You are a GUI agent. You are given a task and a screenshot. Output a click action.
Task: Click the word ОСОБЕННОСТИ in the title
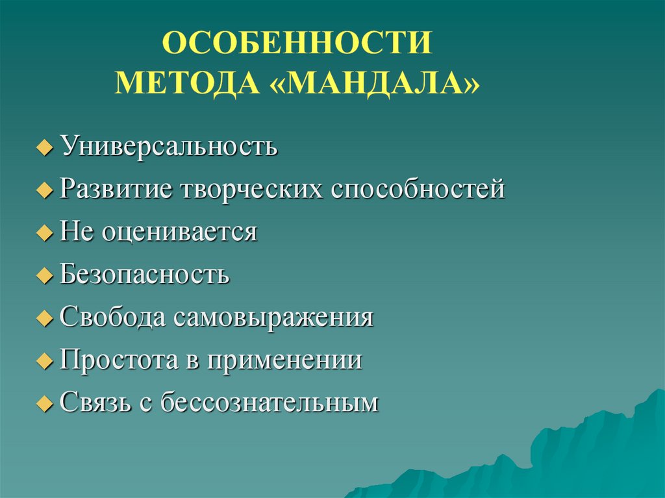[297, 44]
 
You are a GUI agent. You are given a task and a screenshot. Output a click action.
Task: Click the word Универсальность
[169, 147]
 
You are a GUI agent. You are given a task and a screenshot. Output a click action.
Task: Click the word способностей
[419, 190]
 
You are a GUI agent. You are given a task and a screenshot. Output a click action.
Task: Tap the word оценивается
[179, 232]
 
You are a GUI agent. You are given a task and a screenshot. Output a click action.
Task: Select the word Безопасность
[145, 274]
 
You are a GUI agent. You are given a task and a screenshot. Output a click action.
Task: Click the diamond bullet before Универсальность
[44, 149]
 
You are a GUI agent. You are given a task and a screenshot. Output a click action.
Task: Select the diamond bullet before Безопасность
[44, 276]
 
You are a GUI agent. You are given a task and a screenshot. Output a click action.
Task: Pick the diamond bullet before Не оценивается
[44, 234]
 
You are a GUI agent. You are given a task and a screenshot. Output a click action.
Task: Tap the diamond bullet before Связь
[44, 404]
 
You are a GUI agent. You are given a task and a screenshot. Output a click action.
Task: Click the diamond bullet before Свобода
[44, 319]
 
